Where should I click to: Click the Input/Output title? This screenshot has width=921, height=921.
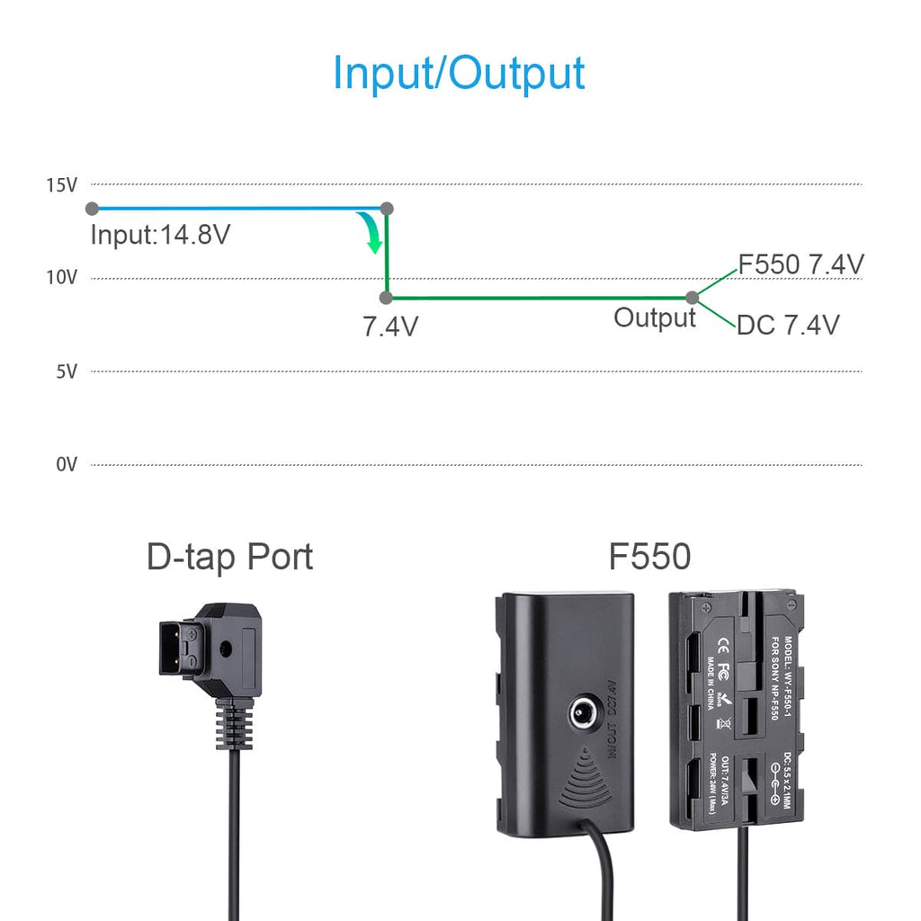[x=459, y=73]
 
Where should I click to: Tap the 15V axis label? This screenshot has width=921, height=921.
[x=62, y=185]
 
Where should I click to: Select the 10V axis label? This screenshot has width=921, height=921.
[x=62, y=278]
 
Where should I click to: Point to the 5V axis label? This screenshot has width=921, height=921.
[x=67, y=371]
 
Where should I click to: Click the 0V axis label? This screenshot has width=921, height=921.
[x=67, y=465]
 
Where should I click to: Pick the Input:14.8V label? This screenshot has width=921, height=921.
[x=160, y=236]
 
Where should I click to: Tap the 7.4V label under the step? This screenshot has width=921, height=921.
[x=390, y=326]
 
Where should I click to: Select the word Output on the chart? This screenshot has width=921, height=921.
[x=655, y=317]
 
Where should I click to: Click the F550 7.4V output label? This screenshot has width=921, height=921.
[x=800, y=264]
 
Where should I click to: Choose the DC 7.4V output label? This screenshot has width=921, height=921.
[x=788, y=325]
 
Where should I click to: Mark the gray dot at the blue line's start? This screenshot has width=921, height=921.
[x=92, y=209]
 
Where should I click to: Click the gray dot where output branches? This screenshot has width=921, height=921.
[x=692, y=298]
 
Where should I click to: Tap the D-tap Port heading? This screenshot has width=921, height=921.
[x=229, y=558]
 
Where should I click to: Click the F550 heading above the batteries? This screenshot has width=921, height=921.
[x=649, y=558]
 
